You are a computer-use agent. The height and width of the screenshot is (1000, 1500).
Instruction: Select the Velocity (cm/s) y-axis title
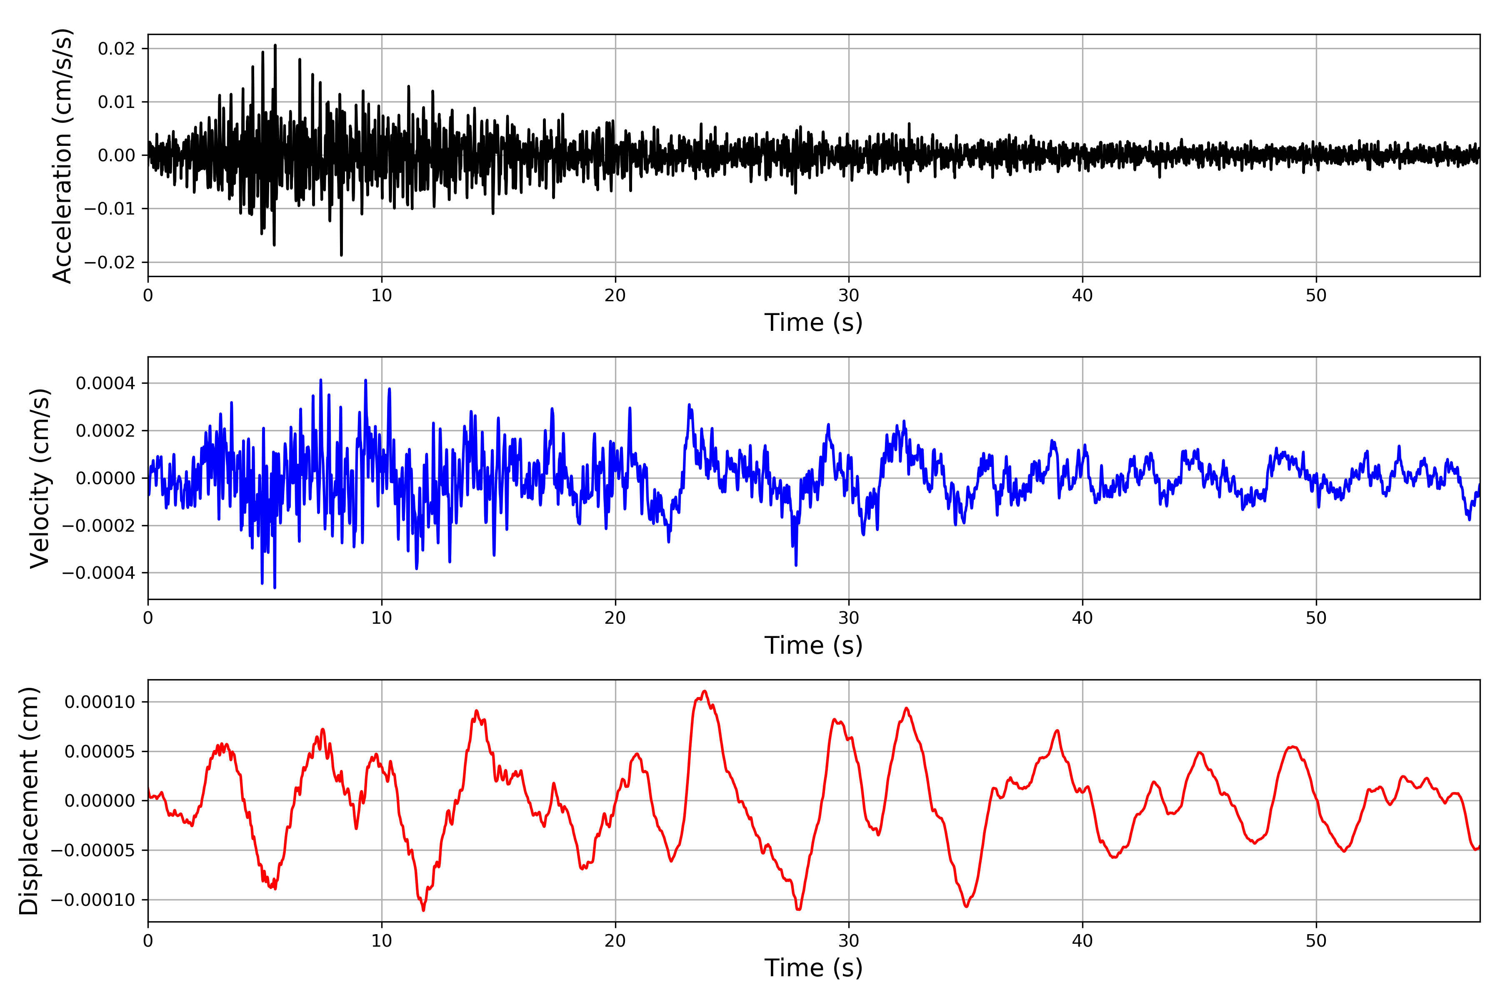pos(40,477)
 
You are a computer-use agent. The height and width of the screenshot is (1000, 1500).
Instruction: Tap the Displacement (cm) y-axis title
pos(29,801)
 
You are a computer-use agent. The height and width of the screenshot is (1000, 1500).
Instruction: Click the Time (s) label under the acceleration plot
pos(813,322)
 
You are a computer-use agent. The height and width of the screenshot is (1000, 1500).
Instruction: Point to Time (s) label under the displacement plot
pos(813,968)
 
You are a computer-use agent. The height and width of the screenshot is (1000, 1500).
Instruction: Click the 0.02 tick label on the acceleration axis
pos(116,48)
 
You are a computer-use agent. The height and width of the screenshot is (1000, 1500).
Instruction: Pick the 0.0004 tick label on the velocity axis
pos(105,383)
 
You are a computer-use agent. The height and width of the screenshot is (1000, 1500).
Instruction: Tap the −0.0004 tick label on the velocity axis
pos(98,572)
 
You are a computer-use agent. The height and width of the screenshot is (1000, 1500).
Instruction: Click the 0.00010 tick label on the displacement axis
pos(100,702)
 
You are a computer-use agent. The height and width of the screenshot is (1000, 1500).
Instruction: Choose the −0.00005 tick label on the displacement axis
pos(92,850)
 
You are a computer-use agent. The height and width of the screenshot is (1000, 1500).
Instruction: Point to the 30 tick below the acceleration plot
pos(848,295)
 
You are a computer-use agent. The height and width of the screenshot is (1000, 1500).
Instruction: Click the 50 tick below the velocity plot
pos(1316,618)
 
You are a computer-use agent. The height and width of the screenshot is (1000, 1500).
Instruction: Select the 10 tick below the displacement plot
pos(381,941)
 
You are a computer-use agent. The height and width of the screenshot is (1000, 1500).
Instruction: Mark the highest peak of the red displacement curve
pos(704,691)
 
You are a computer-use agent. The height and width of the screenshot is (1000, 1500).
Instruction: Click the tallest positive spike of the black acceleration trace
pos(275,45)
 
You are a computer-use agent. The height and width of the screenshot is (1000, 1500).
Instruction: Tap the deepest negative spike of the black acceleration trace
pos(341,255)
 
